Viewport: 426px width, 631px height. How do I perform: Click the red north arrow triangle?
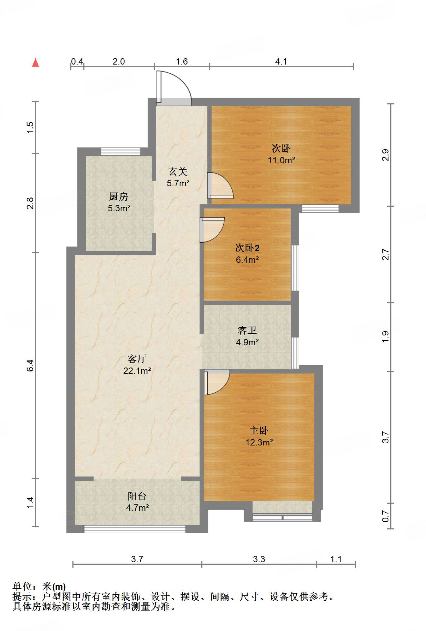pyautogui.click(x=35, y=62)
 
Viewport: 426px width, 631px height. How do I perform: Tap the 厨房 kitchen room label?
pyautogui.click(x=119, y=196)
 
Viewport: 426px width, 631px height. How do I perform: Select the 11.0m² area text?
pyautogui.click(x=281, y=160)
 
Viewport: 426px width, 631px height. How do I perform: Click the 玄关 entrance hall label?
pyautogui.click(x=178, y=171)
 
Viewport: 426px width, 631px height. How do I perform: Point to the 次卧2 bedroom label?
pyautogui.click(x=247, y=248)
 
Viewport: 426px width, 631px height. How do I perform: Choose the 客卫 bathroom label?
pyautogui.click(x=247, y=330)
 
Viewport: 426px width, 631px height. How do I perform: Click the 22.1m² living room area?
pyautogui.click(x=137, y=371)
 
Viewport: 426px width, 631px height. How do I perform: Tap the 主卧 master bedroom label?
pyautogui.click(x=259, y=430)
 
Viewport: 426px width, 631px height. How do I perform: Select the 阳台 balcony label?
pyautogui.click(x=137, y=496)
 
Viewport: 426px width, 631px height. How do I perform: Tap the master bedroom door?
pyautogui.click(x=217, y=382)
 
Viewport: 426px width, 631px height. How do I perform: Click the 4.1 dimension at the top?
pyautogui.click(x=281, y=62)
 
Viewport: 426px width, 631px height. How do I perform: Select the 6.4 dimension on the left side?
pyautogui.click(x=30, y=365)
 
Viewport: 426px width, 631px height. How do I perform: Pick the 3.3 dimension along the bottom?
pyautogui.click(x=259, y=559)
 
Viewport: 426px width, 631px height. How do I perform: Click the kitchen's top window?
pyautogui.click(x=120, y=152)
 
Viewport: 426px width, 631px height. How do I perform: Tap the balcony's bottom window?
pyautogui.click(x=134, y=529)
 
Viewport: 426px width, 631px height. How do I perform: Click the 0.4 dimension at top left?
pyautogui.click(x=77, y=62)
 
